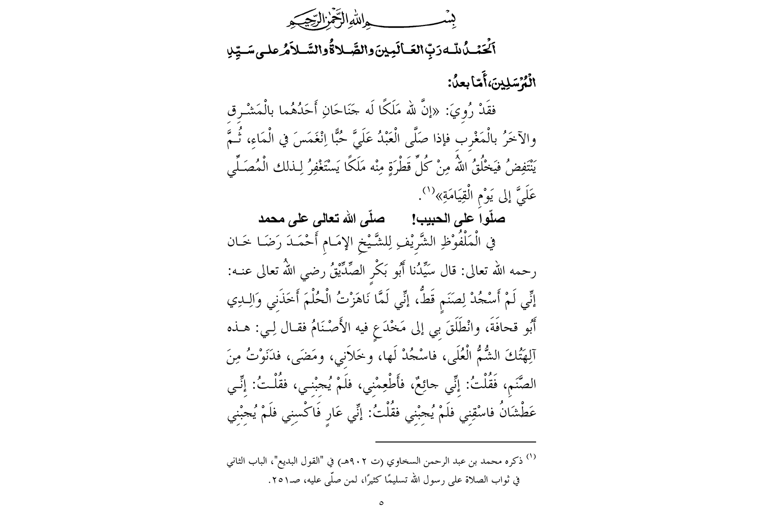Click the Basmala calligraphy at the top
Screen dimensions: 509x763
coord(381,21)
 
